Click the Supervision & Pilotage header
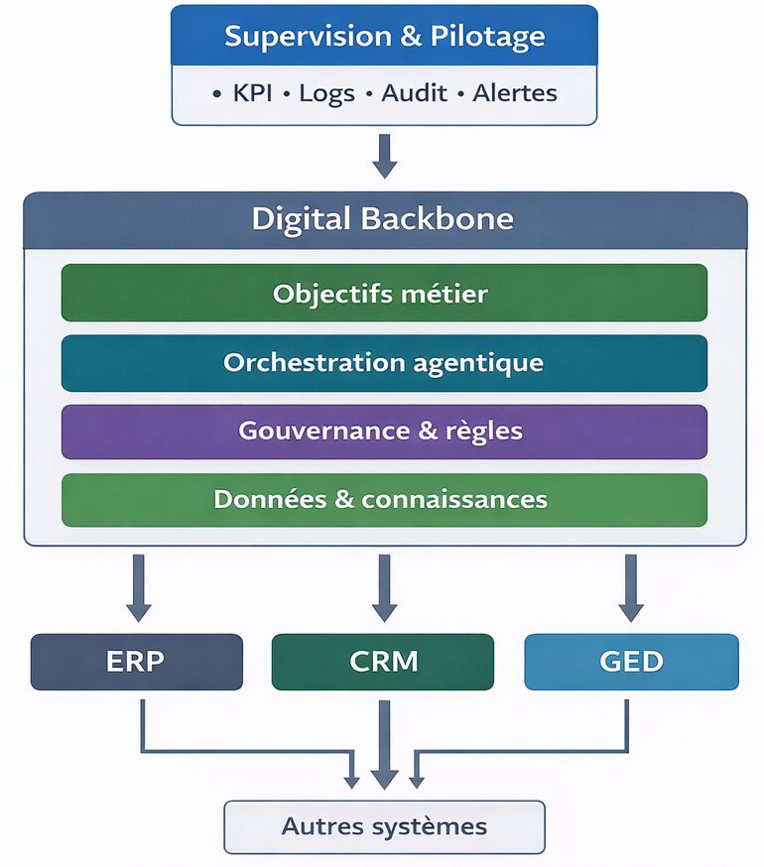tap(384, 37)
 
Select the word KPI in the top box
tap(252, 94)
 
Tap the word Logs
tap(325, 94)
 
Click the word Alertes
tap(514, 94)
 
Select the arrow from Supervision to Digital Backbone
tap(384, 155)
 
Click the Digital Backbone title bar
tap(384, 219)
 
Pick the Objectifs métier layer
tap(384, 294)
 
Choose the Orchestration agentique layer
tap(384, 363)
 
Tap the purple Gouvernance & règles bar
tap(384, 432)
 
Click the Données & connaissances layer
tap(384, 499)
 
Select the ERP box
tap(137, 662)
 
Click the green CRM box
tap(383, 662)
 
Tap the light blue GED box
tap(631, 662)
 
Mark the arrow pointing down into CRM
tap(384, 587)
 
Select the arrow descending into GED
tap(630, 587)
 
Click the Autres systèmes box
tap(384, 826)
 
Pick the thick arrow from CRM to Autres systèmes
tap(384, 744)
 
